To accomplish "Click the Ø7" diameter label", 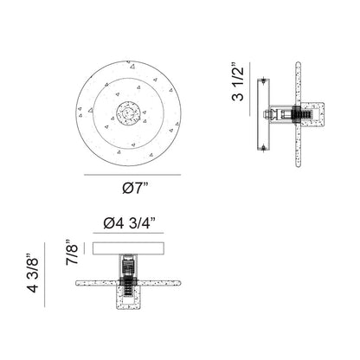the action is click(x=135, y=189).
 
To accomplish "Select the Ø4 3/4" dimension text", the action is click(x=129, y=223).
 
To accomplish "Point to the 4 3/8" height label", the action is click(x=33, y=273).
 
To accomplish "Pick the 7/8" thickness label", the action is click(x=72, y=253).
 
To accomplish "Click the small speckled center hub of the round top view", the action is click(x=129, y=113).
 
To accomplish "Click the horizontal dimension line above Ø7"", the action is click(x=132, y=175).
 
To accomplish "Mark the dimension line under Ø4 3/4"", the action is click(x=128, y=233).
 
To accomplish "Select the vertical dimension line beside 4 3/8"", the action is click(x=45, y=274).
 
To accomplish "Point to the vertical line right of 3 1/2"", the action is click(x=250, y=89).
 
